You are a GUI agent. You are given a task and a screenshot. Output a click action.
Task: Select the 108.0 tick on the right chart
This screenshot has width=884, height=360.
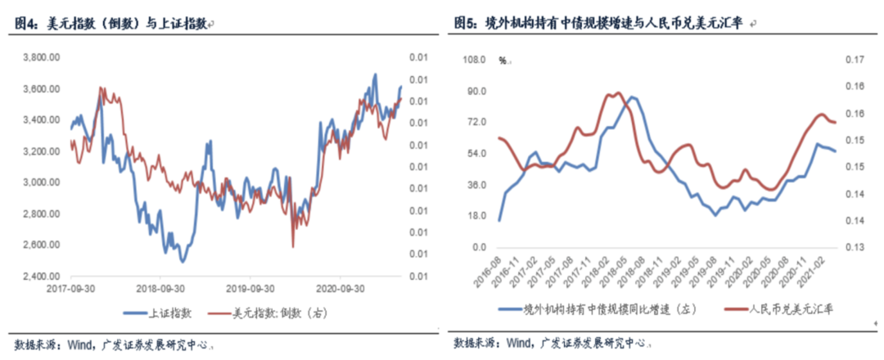(476, 60)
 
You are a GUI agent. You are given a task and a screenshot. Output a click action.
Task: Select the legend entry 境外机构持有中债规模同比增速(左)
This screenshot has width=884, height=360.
(597, 307)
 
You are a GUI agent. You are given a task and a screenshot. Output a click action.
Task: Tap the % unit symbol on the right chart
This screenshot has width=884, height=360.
(503, 61)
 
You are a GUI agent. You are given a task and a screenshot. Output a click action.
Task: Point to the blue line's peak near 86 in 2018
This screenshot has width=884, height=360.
(630, 97)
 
